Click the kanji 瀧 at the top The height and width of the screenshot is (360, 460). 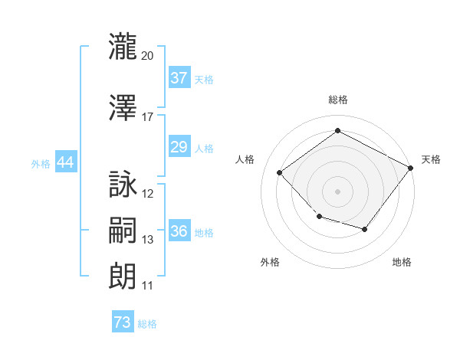123,46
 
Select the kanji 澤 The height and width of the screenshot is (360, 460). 123,107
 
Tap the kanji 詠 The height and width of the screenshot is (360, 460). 123,184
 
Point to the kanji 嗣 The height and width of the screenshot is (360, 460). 123,230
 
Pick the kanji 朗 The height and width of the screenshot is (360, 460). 123,277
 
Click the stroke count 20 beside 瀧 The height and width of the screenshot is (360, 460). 147,56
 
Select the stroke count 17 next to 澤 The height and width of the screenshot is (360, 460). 147,117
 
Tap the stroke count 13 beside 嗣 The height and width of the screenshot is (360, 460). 147,240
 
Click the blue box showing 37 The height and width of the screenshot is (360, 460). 179,77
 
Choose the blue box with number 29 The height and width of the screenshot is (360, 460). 179,146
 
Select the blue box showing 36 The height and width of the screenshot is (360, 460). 179,230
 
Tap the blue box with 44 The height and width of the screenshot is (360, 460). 66,162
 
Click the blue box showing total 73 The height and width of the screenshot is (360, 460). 123,321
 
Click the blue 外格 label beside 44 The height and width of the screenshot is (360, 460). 41,164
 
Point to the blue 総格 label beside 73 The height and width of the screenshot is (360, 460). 147,324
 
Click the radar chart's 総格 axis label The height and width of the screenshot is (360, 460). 338,100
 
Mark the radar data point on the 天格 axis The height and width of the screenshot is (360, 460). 410,168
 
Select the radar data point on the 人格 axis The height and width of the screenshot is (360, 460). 280,172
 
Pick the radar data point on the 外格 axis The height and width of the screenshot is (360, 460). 320,216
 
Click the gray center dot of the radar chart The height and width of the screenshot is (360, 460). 337,191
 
